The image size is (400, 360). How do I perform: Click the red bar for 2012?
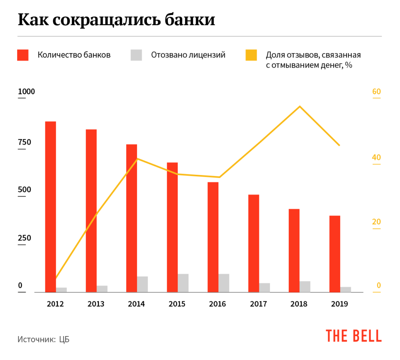pyautogui.click(x=50, y=206)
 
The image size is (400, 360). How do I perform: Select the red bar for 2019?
pyautogui.click(x=335, y=254)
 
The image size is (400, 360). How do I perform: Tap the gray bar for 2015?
pyautogui.click(x=183, y=283)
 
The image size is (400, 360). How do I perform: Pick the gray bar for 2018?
pyautogui.click(x=305, y=286)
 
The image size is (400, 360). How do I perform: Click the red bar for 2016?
pyautogui.click(x=213, y=237)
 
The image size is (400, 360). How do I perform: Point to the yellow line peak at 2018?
pyautogui.click(x=300, y=106)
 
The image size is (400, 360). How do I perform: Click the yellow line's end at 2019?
pyautogui.click(x=339, y=145)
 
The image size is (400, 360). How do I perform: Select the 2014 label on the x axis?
pyautogui.click(x=136, y=304)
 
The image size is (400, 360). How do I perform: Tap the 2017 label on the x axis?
pyautogui.click(x=258, y=304)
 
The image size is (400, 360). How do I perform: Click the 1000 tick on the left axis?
pyautogui.click(x=27, y=92)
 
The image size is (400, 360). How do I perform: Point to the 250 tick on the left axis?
pyautogui.click(x=24, y=238)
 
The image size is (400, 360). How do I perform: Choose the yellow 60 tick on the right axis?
pyautogui.click(x=376, y=92)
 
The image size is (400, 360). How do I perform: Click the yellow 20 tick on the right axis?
pyautogui.click(x=376, y=222)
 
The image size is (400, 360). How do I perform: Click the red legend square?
pyautogui.click(x=23, y=55)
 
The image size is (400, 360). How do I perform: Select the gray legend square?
pyautogui.click(x=136, y=55)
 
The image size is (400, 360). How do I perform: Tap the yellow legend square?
pyautogui.click(x=251, y=55)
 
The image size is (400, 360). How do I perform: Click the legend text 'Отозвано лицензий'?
pyautogui.click(x=188, y=55)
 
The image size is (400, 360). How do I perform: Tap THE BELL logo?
pyautogui.click(x=354, y=335)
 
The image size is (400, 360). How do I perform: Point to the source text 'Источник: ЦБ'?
pyautogui.click(x=43, y=339)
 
